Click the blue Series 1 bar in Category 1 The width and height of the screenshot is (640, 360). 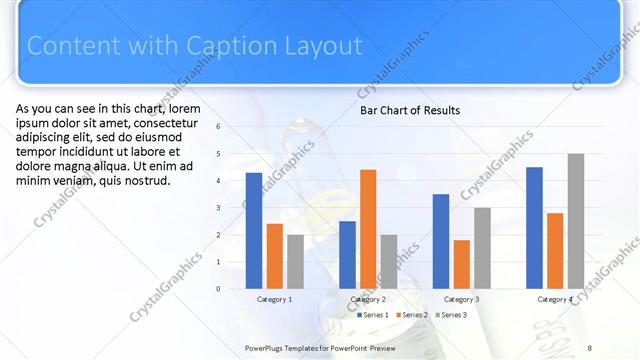pyautogui.click(x=254, y=231)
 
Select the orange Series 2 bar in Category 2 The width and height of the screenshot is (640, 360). pyautogui.click(x=368, y=229)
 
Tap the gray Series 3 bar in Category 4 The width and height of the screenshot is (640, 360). pyautogui.click(x=575, y=221)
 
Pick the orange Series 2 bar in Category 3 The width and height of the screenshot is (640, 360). pyautogui.click(x=461, y=264)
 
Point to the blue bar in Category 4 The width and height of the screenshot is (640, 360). pyautogui.click(x=534, y=228)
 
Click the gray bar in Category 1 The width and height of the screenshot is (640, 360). pyautogui.click(x=295, y=262)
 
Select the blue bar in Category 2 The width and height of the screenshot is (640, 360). pyautogui.click(x=347, y=255)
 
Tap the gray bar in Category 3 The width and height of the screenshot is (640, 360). pyautogui.click(x=482, y=248)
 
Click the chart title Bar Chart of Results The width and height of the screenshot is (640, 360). pyautogui.click(x=410, y=110)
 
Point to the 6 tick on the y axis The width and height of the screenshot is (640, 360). pyautogui.click(x=232, y=127)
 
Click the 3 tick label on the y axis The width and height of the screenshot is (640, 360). pyautogui.click(x=232, y=208)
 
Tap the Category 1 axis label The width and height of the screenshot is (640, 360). pyautogui.click(x=274, y=299)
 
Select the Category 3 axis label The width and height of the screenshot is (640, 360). pyautogui.click(x=461, y=299)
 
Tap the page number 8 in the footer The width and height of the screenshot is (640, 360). pyautogui.click(x=589, y=347)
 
